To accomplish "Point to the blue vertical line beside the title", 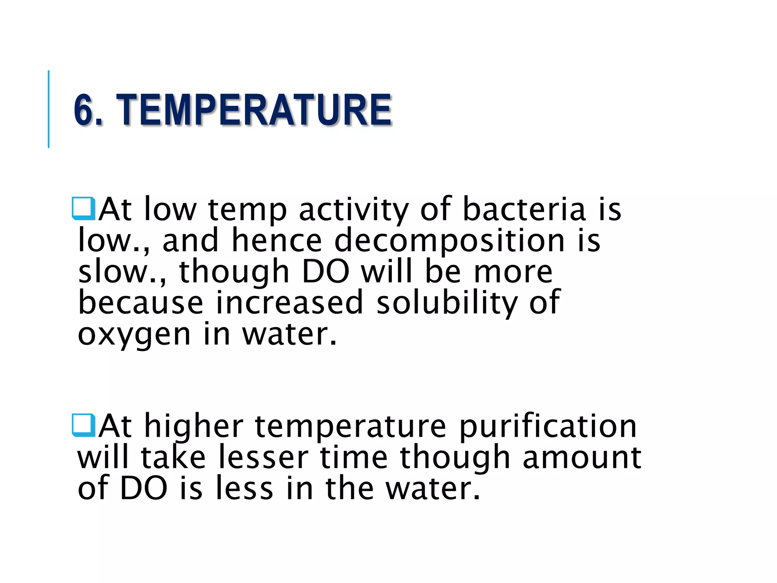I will click(49, 109).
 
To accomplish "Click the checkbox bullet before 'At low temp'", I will click(83, 208).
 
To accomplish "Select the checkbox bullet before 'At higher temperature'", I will click(83, 425).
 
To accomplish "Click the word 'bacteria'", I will click(524, 210).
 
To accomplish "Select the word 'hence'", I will click(277, 241).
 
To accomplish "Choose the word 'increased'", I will click(289, 303).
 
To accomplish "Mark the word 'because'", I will click(141, 303).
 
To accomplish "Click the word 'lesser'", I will click(263, 458).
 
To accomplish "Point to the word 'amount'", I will click(582, 458).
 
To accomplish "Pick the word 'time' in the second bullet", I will click(354, 458).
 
